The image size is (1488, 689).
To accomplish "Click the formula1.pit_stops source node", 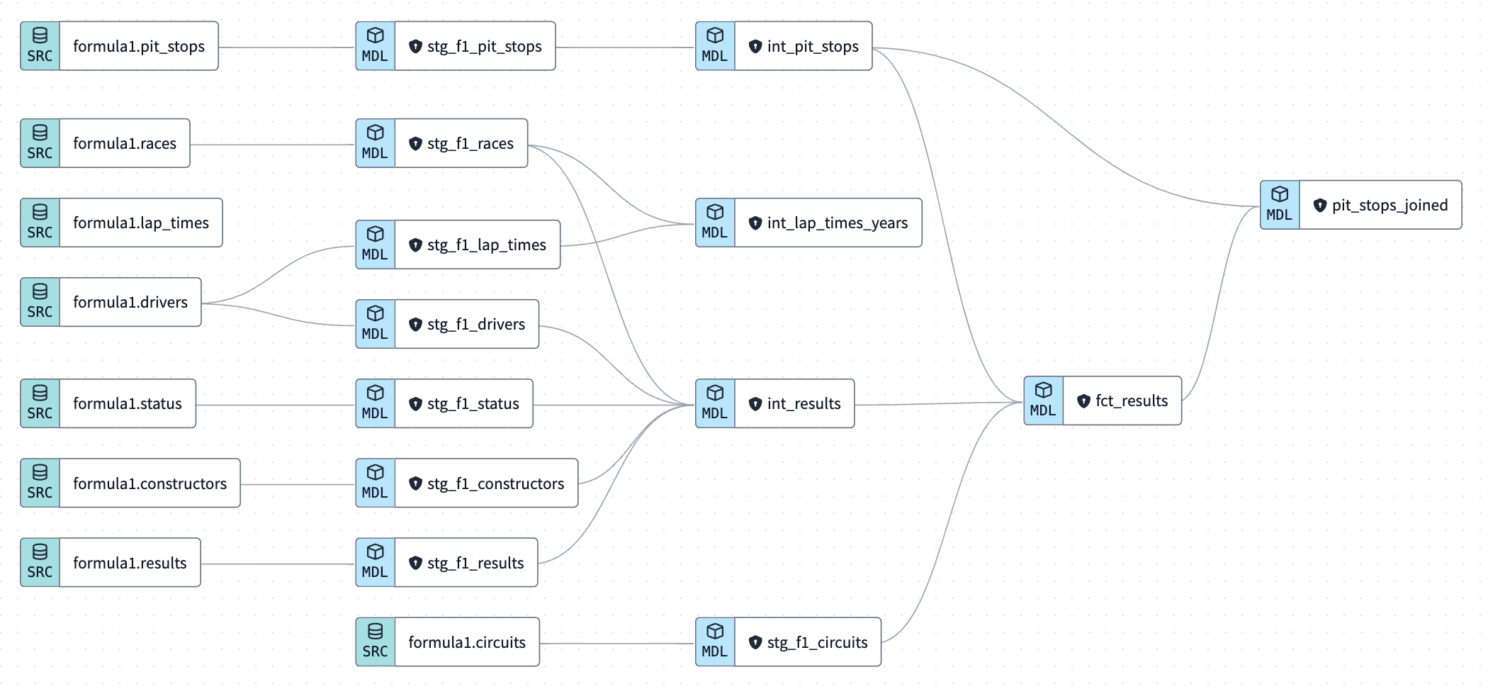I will click(138, 47).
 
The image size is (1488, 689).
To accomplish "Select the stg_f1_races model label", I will click(470, 144).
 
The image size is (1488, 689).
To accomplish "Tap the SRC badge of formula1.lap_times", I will click(40, 223).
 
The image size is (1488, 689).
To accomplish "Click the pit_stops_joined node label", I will click(1389, 206).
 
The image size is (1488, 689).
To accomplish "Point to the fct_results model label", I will click(1131, 401).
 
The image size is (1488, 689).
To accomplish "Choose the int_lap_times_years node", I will click(836, 223).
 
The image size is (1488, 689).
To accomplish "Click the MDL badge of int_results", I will click(715, 403).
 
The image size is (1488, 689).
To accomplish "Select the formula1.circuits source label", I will click(466, 642).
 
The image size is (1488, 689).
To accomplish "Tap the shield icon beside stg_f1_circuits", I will click(755, 642).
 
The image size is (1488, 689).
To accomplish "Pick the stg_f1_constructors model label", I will click(495, 483).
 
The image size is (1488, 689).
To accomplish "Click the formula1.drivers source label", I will click(130, 303).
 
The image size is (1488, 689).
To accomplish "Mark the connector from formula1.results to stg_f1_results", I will click(277, 564).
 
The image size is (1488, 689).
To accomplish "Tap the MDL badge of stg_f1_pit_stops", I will click(375, 46).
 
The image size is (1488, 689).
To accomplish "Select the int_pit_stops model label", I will click(812, 47).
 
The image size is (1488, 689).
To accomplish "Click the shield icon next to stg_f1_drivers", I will click(416, 325).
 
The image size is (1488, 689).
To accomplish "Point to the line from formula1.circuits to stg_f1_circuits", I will click(616, 643).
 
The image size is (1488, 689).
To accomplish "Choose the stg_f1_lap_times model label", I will click(486, 245).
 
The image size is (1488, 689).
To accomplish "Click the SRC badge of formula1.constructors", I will click(40, 483).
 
